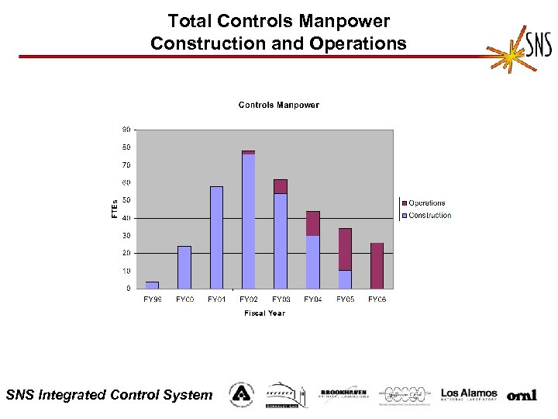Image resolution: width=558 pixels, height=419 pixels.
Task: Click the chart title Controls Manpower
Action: (278, 105)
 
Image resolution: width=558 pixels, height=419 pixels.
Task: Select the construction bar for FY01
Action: (216, 237)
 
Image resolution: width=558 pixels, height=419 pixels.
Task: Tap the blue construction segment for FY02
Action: (248, 221)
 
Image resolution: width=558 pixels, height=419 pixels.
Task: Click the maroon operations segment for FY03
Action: (281, 186)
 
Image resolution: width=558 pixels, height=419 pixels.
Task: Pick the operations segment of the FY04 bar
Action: (312, 223)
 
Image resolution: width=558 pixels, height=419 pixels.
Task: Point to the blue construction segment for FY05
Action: (345, 279)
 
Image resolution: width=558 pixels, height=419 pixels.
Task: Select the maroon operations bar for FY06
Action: (377, 265)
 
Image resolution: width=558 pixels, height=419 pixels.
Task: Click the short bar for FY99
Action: (152, 285)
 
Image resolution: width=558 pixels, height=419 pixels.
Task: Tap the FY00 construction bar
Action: (184, 267)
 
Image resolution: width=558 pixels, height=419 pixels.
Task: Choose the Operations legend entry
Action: (425, 203)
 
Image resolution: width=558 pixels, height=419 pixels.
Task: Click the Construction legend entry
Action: (429, 216)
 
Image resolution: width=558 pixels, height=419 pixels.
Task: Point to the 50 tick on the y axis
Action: (126, 200)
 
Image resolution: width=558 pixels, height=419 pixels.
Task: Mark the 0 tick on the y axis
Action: (128, 289)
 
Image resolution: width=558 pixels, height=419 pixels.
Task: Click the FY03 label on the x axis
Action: (281, 299)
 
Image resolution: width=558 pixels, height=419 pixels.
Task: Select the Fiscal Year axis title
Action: (264, 313)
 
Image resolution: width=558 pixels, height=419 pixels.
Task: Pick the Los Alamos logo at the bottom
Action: (469, 394)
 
